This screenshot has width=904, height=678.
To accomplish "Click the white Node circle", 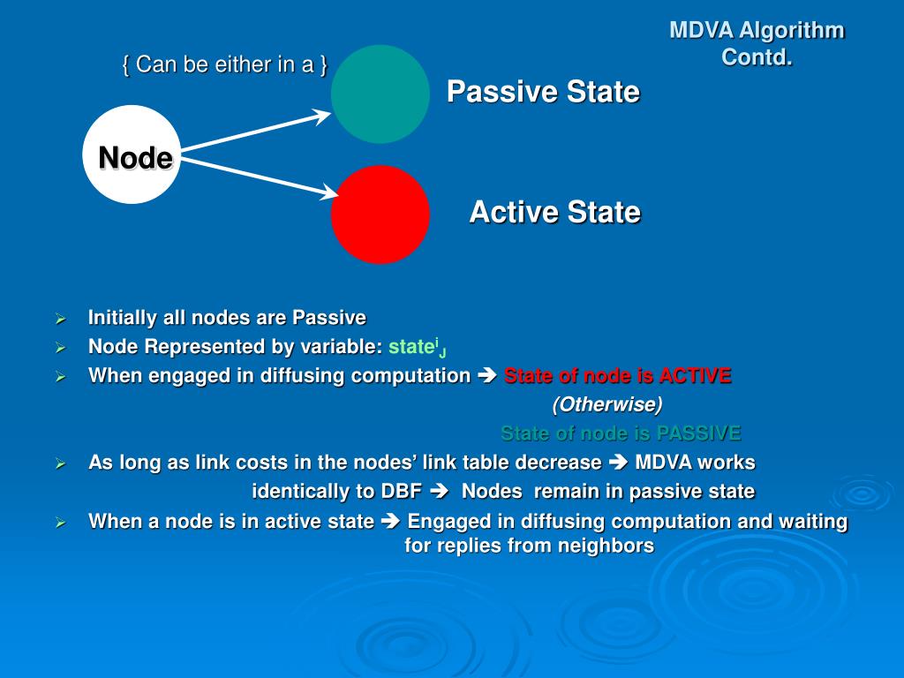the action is pos(132,155).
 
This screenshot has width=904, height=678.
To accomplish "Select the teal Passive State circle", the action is pos(380,94).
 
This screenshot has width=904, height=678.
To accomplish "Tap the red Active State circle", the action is pos(380,215).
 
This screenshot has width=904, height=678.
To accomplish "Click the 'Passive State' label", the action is pos(542,92).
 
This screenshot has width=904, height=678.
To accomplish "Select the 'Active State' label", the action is pos(554,212).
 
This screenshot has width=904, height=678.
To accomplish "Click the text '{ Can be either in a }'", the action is pos(225,64).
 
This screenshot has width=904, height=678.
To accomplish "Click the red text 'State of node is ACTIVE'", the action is pos(617,376).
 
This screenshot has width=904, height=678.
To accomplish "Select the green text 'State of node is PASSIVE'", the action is pos(621,433).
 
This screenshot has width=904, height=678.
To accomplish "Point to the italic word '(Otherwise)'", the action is pos(607,404).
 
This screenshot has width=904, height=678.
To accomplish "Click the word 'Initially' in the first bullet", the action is pos(123,318).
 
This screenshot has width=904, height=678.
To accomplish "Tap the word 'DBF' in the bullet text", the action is pos(401,492).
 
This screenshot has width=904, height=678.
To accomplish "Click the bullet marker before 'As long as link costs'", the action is pos(61,463).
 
